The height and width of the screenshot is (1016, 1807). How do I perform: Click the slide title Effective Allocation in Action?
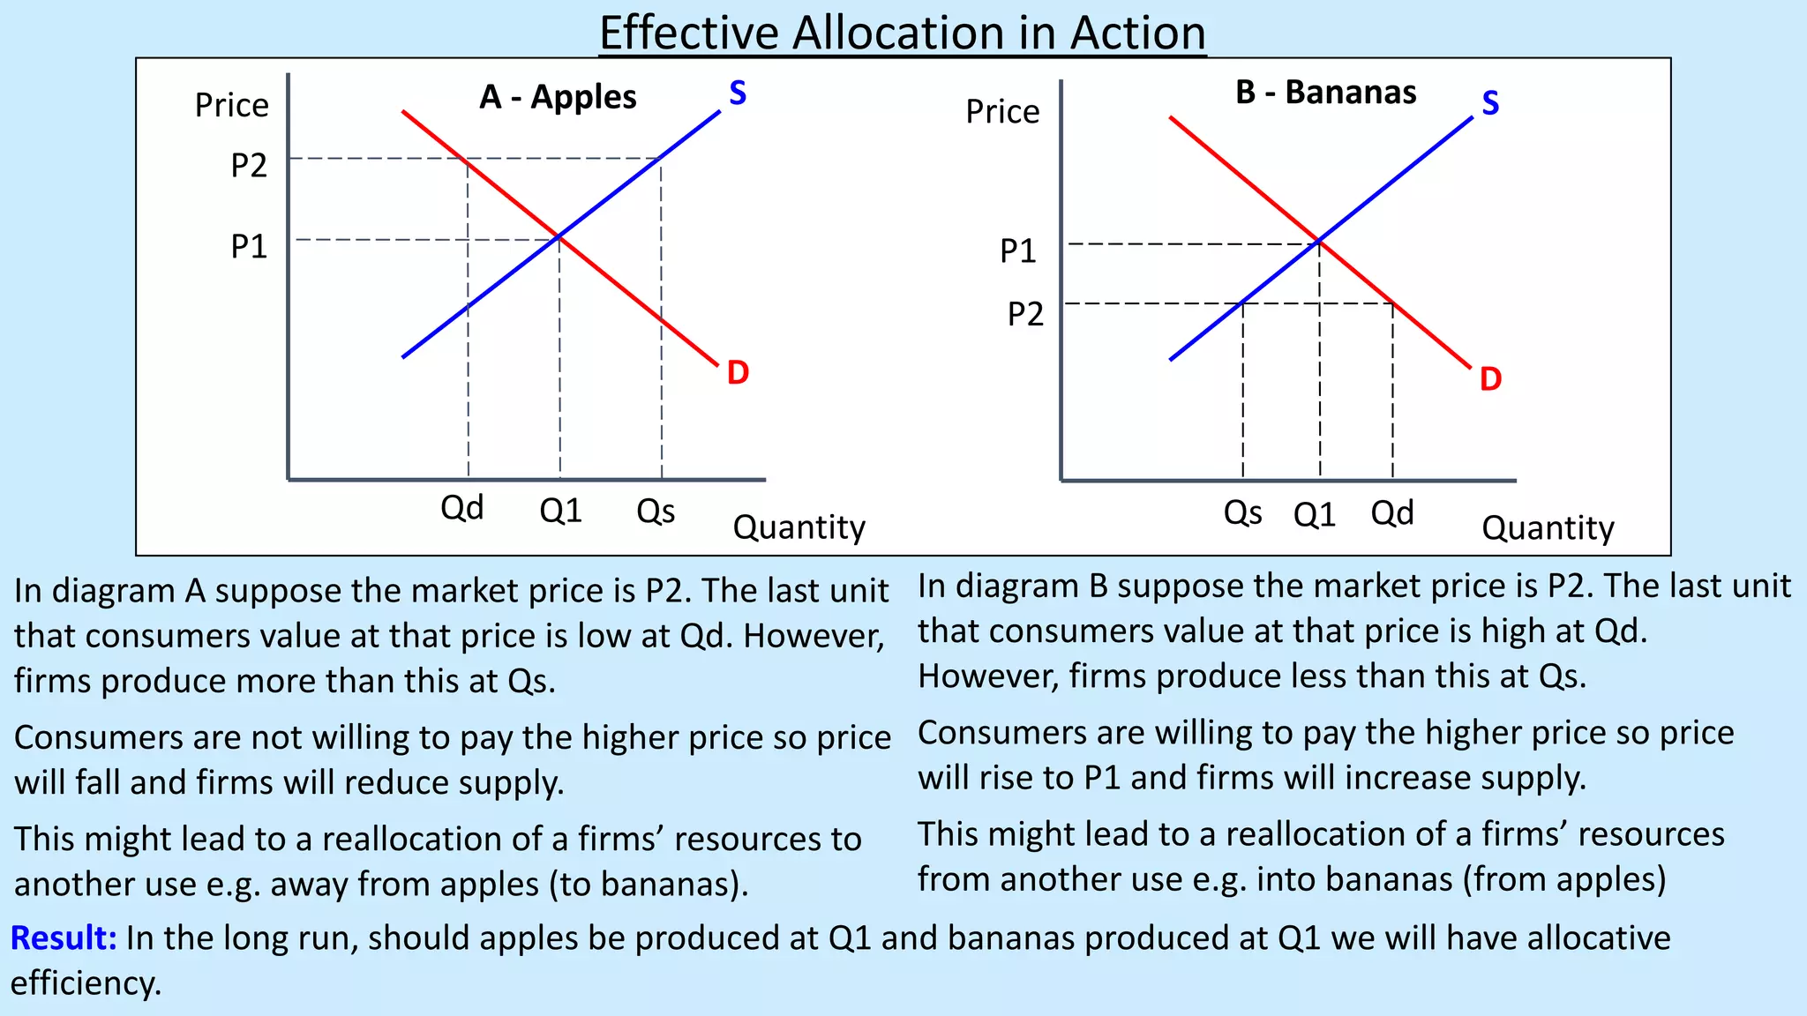pyautogui.click(x=902, y=34)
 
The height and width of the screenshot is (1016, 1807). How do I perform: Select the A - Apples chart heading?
pyautogui.click(x=558, y=97)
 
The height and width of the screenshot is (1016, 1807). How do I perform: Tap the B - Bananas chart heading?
pyautogui.click(x=1325, y=93)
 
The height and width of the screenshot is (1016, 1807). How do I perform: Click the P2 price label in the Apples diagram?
pyautogui.click(x=248, y=166)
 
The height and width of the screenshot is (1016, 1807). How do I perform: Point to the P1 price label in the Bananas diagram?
pyautogui.click(x=1017, y=251)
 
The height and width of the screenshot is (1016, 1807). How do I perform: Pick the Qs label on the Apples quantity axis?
pyautogui.click(x=656, y=511)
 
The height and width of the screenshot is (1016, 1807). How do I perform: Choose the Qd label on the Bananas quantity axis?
pyautogui.click(x=1391, y=512)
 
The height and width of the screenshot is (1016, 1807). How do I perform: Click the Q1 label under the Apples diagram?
pyautogui.click(x=560, y=511)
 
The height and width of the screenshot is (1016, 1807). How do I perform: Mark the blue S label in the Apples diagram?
pyautogui.click(x=738, y=93)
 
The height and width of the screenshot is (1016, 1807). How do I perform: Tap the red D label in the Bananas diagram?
pyautogui.click(x=1490, y=379)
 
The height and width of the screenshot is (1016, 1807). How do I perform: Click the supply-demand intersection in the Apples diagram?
pyautogui.click(x=559, y=236)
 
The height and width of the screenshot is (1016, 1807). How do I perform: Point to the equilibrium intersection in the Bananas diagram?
pyautogui.click(x=1319, y=241)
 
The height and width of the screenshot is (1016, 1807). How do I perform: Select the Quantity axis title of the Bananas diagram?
pyautogui.click(x=1548, y=528)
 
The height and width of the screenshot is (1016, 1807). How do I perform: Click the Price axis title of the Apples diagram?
pyautogui.click(x=231, y=106)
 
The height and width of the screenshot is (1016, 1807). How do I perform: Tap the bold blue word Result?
pyautogui.click(x=64, y=938)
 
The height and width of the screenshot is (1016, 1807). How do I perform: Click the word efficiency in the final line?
pyautogui.click(x=86, y=983)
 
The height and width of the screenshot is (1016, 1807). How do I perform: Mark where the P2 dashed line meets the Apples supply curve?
pyautogui.click(x=660, y=159)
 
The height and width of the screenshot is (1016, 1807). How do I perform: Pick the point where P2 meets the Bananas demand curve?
pyautogui.click(x=1392, y=303)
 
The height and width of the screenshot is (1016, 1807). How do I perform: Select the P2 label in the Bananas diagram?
pyautogui.click(x=1025, y=314)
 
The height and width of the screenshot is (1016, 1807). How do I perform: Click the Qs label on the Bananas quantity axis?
pyautogui.click(x=1242, y=512)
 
